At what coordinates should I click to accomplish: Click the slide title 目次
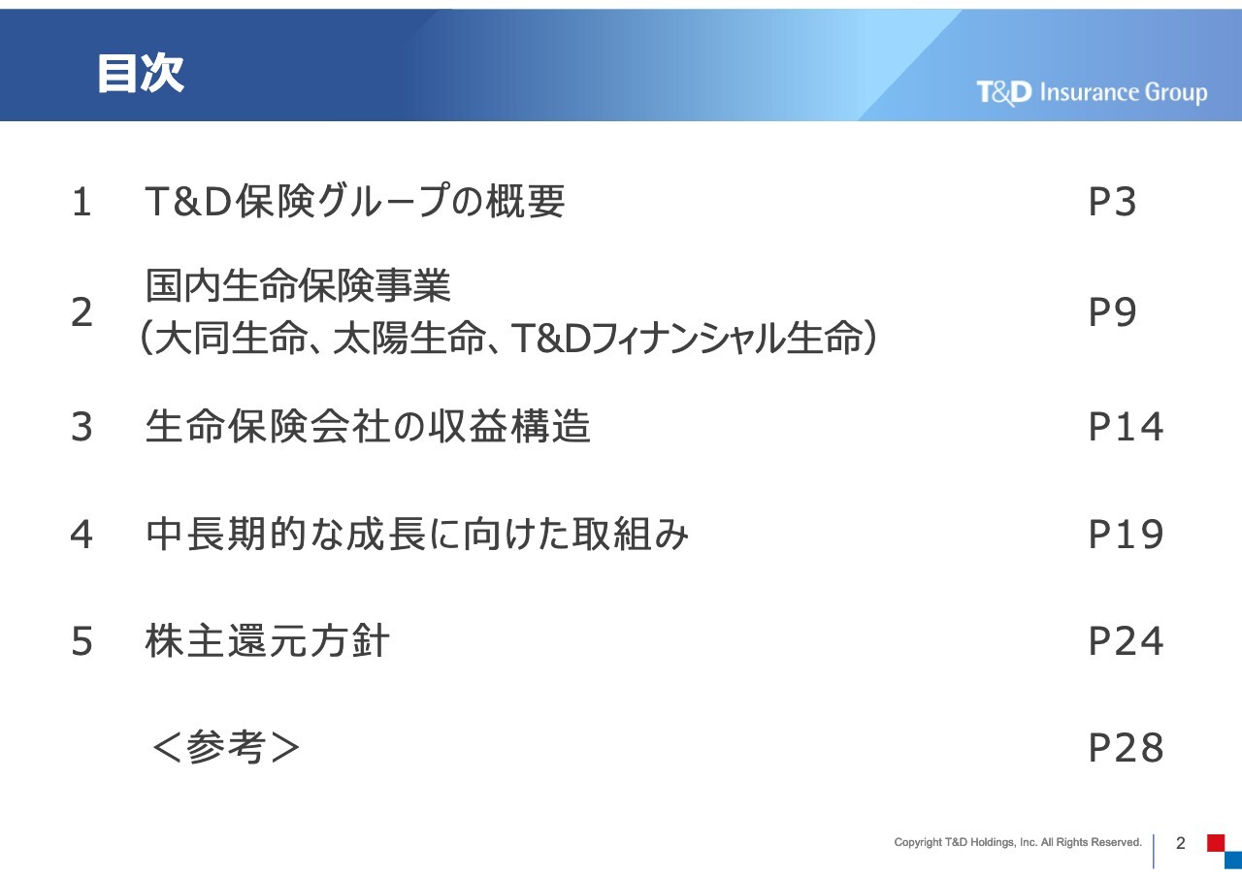coord(141,73)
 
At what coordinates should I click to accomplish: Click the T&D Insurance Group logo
coord(1092,92)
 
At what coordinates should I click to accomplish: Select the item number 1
coord(82,202)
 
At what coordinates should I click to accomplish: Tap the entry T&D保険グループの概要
coord(355,201)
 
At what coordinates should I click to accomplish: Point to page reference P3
coord(1112,202)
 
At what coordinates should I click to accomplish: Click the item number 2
coord(82,312)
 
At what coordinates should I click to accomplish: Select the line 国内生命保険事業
coord(298,285)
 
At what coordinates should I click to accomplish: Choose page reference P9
coord(1112,312)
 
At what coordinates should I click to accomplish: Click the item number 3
coord(82,427)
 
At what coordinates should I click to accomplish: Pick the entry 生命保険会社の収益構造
coord(368,426)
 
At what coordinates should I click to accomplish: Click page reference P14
coord(1126,427)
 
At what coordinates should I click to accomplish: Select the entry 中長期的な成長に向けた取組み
coord(417,535)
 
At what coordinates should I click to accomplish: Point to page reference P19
coord(1126,535)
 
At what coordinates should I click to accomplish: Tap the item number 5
coord(82,641)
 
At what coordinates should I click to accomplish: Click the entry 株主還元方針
coord(267,640)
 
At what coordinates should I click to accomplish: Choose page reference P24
coord(1126,641)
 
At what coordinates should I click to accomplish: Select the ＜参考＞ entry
coord(226,747)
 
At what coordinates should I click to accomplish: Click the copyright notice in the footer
coord(1018,842)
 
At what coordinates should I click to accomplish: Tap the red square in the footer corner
coord(1216,842)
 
